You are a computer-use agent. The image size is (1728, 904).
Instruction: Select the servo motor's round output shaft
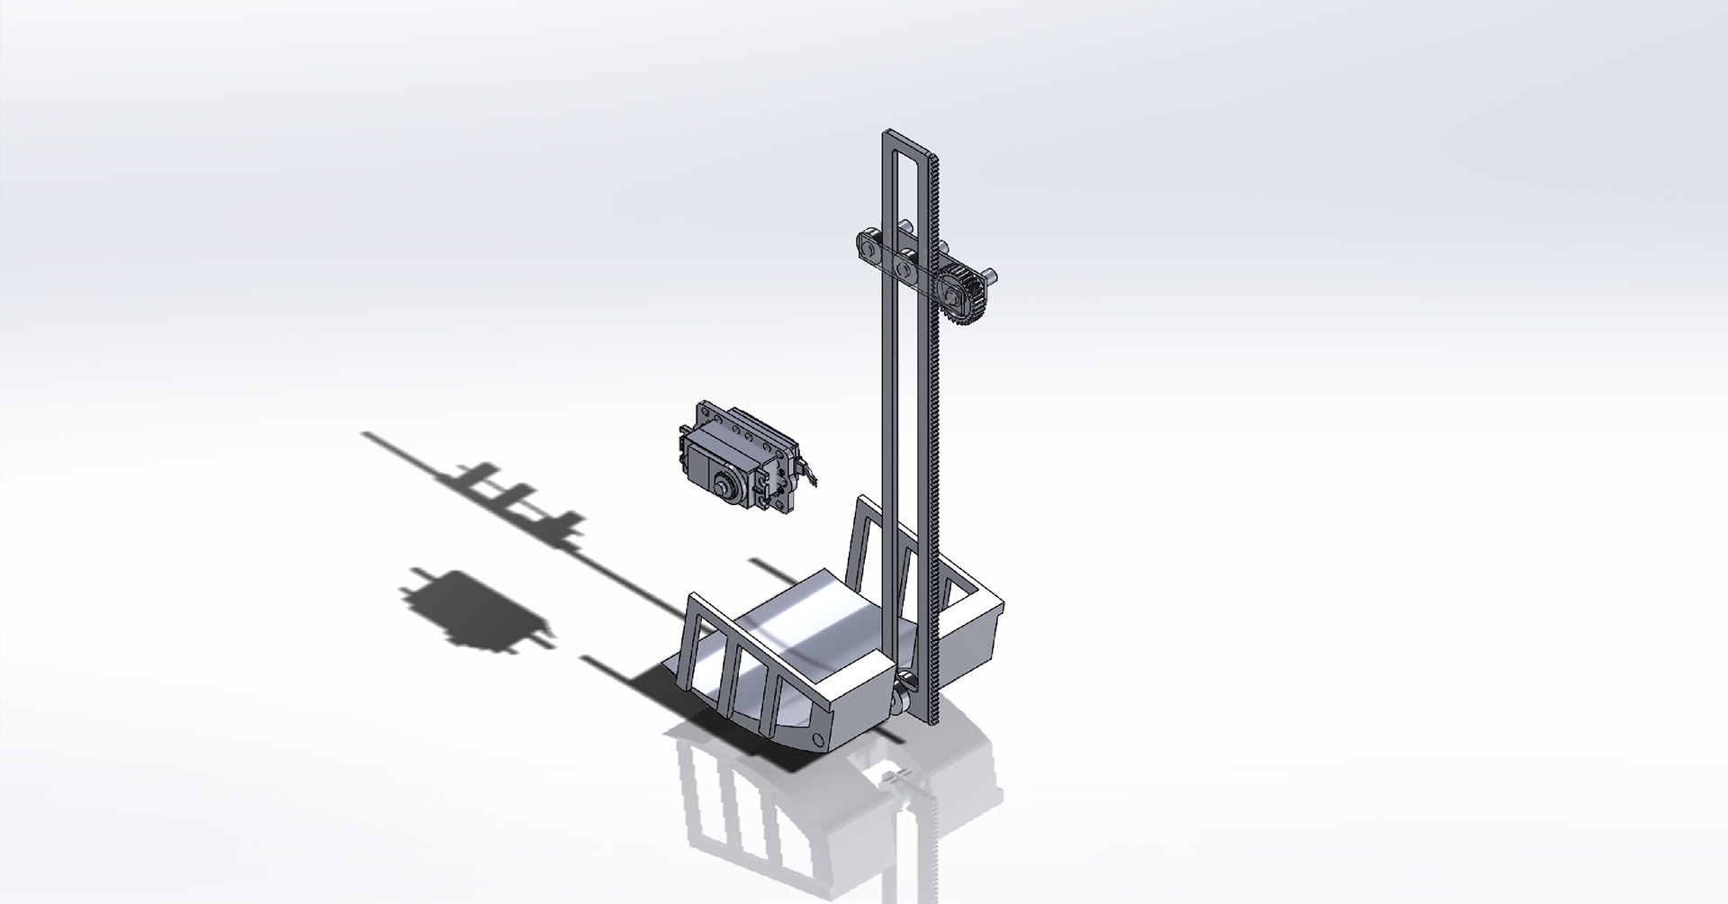pos(723,485)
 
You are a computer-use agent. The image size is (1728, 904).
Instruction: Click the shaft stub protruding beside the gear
pos(990,274)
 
